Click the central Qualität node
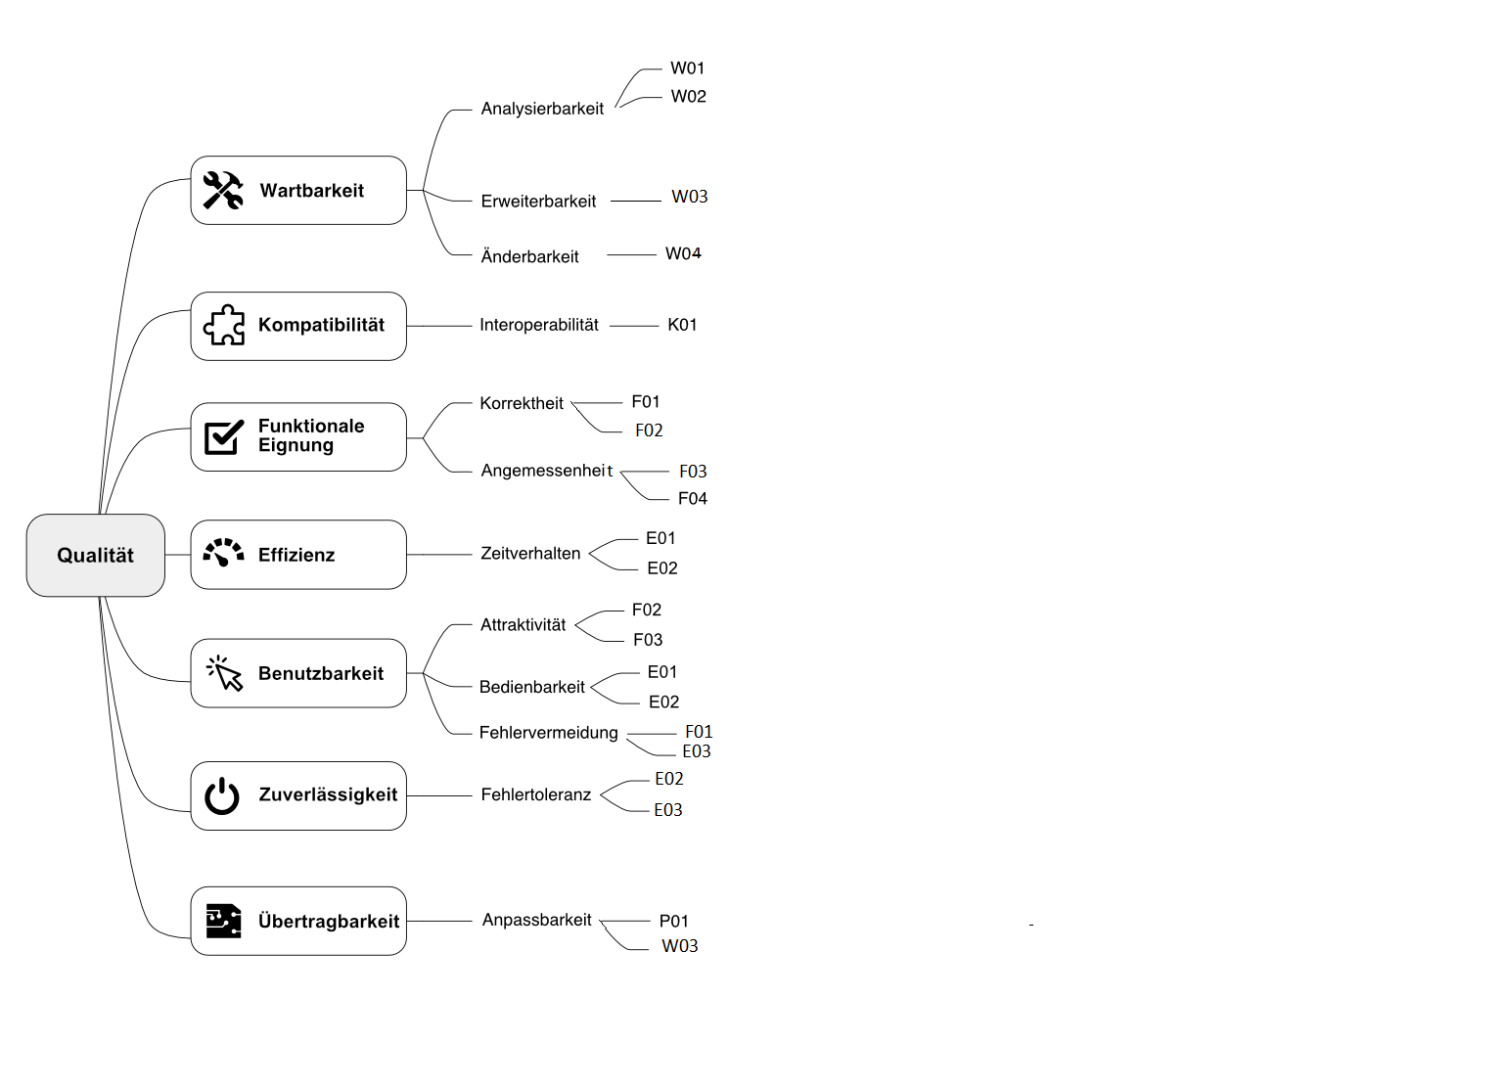click(x=95, y=556)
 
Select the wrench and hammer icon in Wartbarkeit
click(x=223, y=191)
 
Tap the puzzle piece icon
click(x=224, y=325)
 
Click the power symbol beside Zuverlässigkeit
click(x=222, y=796)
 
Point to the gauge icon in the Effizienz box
click(x=223, y=553)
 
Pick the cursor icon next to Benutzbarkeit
click(x=224, y=673)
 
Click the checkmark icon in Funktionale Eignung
click(x=223, y=436)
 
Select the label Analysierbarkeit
click(x=542, y=109)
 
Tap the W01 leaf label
click(x=688, y=68)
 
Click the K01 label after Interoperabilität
click(x=682, y=325)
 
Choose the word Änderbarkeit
click(x=529, y=256)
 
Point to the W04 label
click(x=683, y=253)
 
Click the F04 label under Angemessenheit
click(x=693, y=499)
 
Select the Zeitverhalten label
click(x=530, y=554)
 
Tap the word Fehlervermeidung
click(x=548, y=733)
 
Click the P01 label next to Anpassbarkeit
click(x=674, y=922)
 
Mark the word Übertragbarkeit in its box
click(x=329, y=922)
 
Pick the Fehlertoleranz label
click(x=536, y=795)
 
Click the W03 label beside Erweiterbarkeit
click(x=690, y=197)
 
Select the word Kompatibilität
click(x=321, y=325)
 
